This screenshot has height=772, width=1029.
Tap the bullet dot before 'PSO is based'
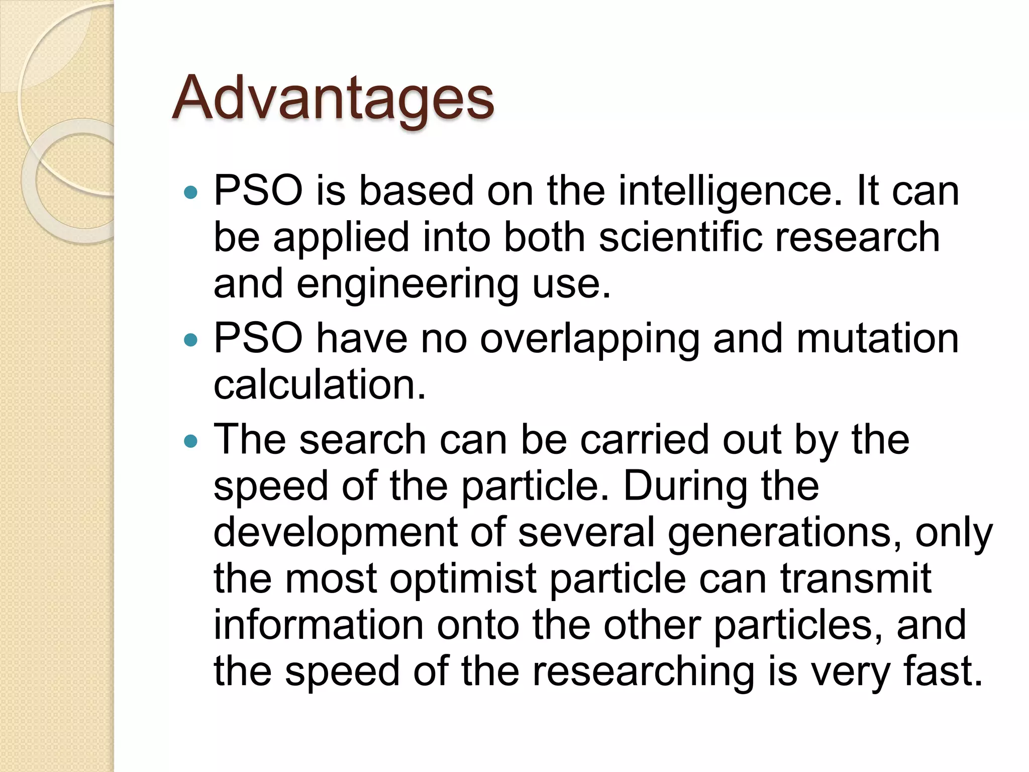coord(191,192)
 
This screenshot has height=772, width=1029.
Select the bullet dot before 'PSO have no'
coord(191,340)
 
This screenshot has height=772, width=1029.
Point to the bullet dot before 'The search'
coord(191,441)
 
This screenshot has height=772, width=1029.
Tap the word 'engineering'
coord(407,284)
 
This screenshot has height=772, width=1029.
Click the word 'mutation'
coord(877,338)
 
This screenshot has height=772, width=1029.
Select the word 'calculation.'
coord(320,385)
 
